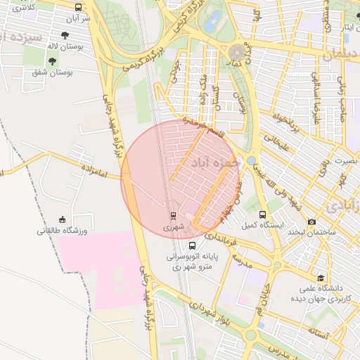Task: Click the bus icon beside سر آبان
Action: [x=77, y=7]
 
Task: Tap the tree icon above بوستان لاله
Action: [x=65, y=35]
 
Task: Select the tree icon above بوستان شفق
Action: [x=52, y=61]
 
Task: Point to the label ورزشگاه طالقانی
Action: [x=61, y=230]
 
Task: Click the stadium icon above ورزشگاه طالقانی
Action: [x=62, y=219]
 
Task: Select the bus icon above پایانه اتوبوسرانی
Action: [x=193, y=245]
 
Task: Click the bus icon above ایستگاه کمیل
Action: [x=262, y=214]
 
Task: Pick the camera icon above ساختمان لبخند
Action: [x=312, y=221]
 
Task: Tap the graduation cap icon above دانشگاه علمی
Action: [x=321, y=278]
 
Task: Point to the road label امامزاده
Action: [x=92, y=170]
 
